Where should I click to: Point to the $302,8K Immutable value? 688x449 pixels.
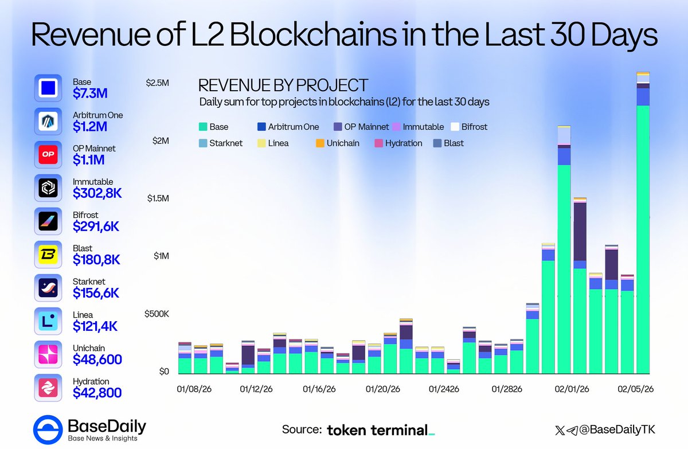click(x=97, y=194)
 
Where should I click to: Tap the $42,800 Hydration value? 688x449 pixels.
click(x=97, y=393)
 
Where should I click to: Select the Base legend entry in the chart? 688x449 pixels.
click(x=213, y=127)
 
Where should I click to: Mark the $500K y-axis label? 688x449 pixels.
click(x=157, y=314)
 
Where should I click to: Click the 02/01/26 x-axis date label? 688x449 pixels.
click(x=572, y=389)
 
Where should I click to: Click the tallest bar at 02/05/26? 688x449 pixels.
click(x=643, y=229)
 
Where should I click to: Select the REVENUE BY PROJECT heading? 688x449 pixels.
click(x=283, y=86)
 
